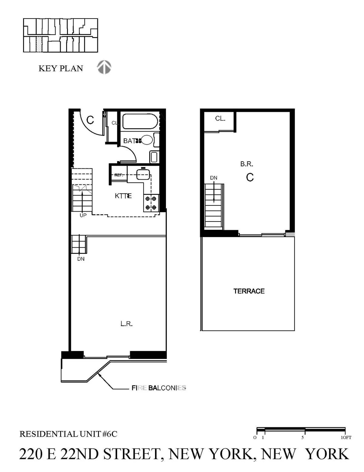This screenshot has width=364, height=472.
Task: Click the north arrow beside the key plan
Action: pos(104,67)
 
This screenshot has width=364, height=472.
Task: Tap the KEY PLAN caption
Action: pos(61,68)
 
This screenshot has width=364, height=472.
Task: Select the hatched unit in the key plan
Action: pos(39,44)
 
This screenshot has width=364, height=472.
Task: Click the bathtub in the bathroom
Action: pos(140,122)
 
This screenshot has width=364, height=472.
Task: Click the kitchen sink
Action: pos(143,174)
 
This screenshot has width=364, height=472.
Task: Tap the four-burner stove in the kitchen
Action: pos(151,203)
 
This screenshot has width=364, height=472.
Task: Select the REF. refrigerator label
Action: pos(119,175)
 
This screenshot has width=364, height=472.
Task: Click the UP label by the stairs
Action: pos(83,215)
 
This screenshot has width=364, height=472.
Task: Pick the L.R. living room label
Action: pos(126,324)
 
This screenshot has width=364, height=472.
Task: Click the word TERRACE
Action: pos(249,291)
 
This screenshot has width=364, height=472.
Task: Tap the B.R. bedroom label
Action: pos(247,164)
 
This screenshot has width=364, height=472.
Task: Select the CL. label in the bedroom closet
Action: pos(220,119)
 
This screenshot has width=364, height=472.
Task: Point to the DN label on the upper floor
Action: pos(214,178)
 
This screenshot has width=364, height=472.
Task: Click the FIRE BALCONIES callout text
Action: pos(159,388)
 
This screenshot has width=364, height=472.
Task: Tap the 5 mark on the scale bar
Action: pos(302,437)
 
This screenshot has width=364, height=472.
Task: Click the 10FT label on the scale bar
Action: pos(346,437)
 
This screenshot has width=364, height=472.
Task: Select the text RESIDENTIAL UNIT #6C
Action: pos(68,434)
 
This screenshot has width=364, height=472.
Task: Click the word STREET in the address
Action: pos(131,454)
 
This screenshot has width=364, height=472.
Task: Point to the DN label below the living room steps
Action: pos(81,259)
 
